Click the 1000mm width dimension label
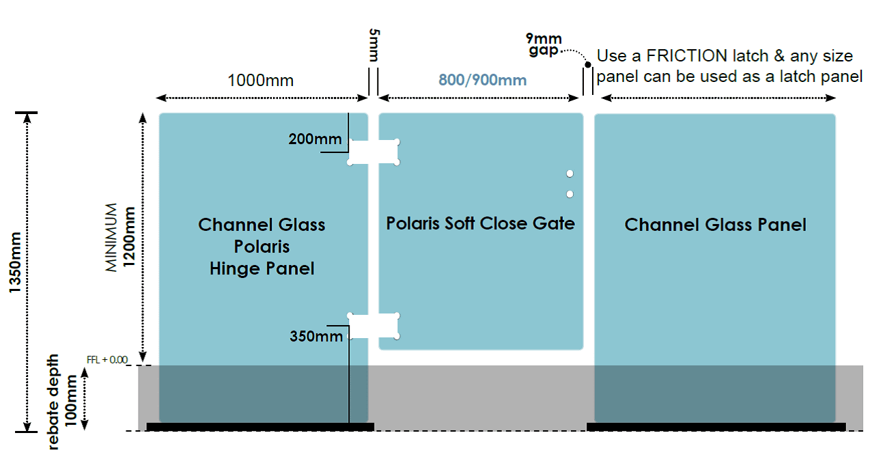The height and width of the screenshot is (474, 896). click(x=260, y=81)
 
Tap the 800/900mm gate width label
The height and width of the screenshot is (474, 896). click(x=482, y=80)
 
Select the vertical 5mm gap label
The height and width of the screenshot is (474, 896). click(x=374, y=45)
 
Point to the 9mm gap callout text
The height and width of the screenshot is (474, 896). click(x=544, y=44)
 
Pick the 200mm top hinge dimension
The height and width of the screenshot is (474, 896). click(x=316, y=139)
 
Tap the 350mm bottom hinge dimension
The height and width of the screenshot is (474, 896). click(x=316, y=336)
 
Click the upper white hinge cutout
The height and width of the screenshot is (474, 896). click(x=374, y=152)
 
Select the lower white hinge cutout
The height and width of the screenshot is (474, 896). click(x=374, y=326)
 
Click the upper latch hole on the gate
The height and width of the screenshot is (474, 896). click(x=570, y=173)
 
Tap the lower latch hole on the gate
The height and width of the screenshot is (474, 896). click(x=570, y=194)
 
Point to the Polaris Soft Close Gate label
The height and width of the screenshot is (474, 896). click(x=480, y=223)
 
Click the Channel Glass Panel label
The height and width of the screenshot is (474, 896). click(x=715, y=225)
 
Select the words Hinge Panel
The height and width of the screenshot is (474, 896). click(x=262, y=268)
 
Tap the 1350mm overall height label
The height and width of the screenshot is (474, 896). click(x=15, y=262)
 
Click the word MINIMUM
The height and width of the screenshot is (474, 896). click(x=111, y=238)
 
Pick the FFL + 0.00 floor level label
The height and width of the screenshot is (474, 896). click(x=107, y=360)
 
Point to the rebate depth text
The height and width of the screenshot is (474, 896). click(x=53, y=402)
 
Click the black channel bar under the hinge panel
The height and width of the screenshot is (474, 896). click(x=260, y=427)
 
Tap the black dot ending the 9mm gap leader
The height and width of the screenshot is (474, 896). click(x=587, y=64)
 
